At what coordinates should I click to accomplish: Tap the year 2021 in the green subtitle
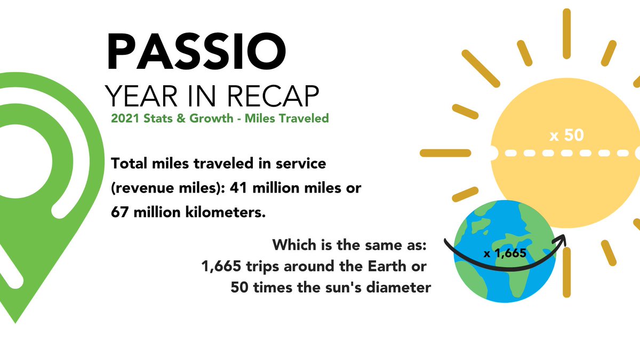[123, 118]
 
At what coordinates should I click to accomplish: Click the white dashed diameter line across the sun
[565, 153]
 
